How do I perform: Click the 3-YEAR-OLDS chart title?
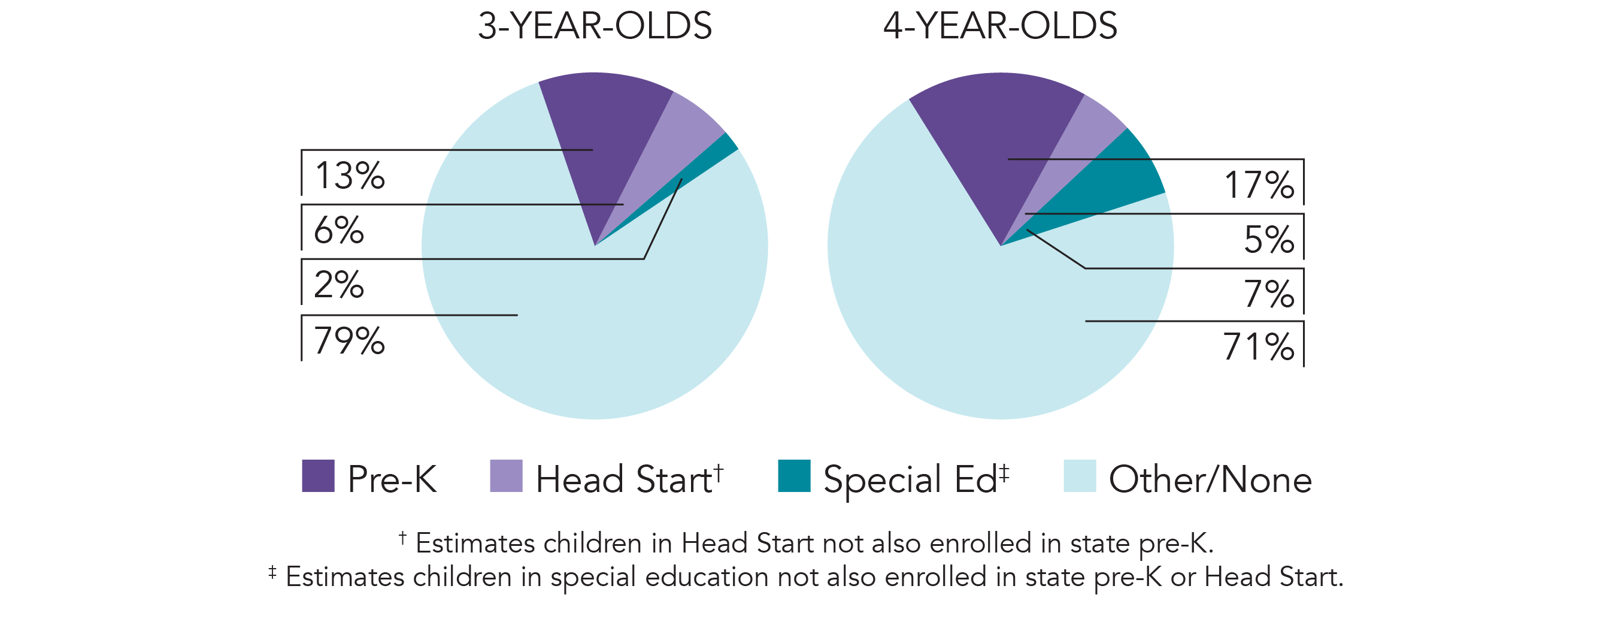pos(595,26)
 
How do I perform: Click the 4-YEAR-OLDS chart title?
pos(1000,26)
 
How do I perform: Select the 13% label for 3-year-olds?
pos(350,176)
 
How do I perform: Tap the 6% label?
pos(338,230)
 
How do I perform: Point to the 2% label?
pos(338,285)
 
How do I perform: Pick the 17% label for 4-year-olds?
pos(1259,185)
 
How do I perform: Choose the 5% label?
pos(1269,240)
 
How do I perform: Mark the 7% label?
pos(1269,294)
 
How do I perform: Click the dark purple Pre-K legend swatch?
pos(318,476)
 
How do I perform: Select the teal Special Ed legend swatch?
pos(794,476)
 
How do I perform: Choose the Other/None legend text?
pos(1210,479)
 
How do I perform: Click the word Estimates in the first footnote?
pos(475,544)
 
